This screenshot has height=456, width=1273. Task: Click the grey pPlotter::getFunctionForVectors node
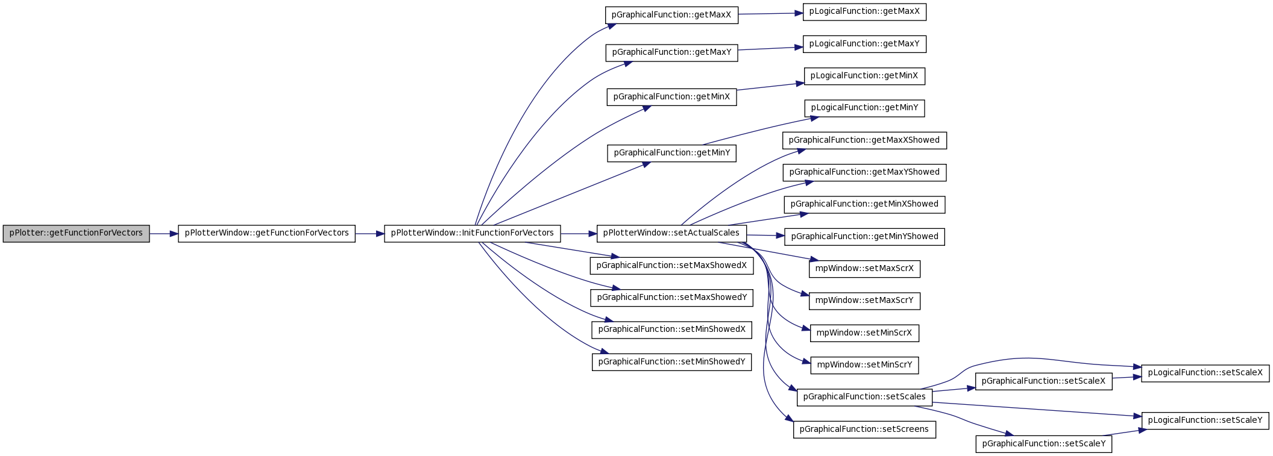pyautogui.click(x=76, y=234)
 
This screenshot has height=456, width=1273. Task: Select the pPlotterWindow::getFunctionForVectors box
pyautogui.click(x=266, y=234)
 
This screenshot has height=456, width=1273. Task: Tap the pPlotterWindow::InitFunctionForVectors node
pyautogui.click(x=472, y=234)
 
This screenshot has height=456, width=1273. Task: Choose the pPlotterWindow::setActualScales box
pyautogui.click(x=671, y=234)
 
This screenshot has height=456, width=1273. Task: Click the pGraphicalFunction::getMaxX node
pyautogui.click(x=671, y=15)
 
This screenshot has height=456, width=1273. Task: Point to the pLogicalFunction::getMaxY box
pyautogui.click(x=864, y=44)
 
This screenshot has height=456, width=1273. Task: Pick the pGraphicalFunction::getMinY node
pyautogui.click(x=671, y=153)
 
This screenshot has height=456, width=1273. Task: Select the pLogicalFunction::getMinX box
pyautogui.click(x=864, y=77)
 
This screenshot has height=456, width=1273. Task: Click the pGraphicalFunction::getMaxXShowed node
pyautogui.click(x=864, y=140)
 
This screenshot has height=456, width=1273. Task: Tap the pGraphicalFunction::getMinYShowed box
pyautogui.click(x=864, y=237)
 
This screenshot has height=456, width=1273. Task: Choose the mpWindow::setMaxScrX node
pyautogui.click(x=864, y=269)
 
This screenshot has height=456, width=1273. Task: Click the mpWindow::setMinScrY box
pyautogui.click(x=864, y=365)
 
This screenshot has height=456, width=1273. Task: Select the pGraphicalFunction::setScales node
pyautogui.click(x=864, y=397)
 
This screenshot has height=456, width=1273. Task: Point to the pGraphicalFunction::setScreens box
pyautogui.click(x=864, y=429)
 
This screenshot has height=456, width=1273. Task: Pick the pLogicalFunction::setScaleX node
pyautogui.click(x=1205, y=373)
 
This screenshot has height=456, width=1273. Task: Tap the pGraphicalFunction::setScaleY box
pyautogui.click(x=1044, y=444)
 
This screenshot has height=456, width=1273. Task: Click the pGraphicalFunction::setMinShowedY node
pyautogui.click(x=671, y=362)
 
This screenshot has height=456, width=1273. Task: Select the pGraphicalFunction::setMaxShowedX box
pyautogui.click(x=671, y=266)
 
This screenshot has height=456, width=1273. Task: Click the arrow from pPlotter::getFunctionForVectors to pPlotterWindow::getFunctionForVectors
pyautogui.click(x=164, y=234)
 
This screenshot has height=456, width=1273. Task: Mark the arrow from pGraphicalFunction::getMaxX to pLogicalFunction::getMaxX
pyautogui.click(x=770, y=13)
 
